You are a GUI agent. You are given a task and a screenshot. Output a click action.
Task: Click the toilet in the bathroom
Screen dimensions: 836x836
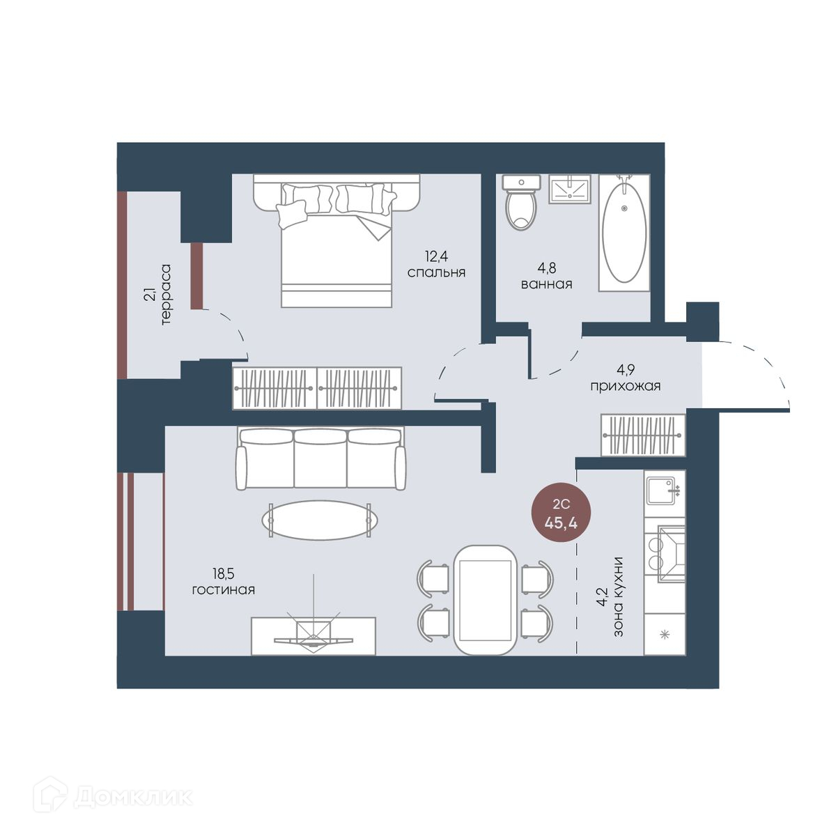point(521,202)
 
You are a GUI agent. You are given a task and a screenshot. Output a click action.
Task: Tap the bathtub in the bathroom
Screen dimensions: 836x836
point(624,233)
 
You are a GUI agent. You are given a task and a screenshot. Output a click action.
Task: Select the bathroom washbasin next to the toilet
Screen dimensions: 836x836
point(570,189)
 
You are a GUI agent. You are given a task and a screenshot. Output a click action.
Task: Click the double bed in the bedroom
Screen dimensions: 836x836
point(336,240)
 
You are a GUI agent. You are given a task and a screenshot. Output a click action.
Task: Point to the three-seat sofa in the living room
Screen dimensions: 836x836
point(320,459)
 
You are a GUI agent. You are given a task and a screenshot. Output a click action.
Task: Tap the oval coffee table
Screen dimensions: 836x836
point(319,520)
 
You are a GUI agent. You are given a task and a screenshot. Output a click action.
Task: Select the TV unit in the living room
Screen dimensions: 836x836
point(313,636)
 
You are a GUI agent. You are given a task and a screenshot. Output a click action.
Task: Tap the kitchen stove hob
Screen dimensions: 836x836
point(665,552)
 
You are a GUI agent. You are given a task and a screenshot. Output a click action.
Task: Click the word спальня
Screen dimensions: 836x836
point(436,272)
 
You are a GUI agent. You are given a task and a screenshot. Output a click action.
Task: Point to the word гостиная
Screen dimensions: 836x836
point(224,590)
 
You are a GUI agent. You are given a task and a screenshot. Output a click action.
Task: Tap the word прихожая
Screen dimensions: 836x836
point(625,386)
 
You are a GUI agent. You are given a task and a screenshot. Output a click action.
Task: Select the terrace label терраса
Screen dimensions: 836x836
point(165,294)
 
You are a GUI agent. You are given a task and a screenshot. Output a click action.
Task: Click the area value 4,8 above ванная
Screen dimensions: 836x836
point(547,268)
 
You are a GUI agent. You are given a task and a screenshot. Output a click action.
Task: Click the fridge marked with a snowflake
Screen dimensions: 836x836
point(665,635)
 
